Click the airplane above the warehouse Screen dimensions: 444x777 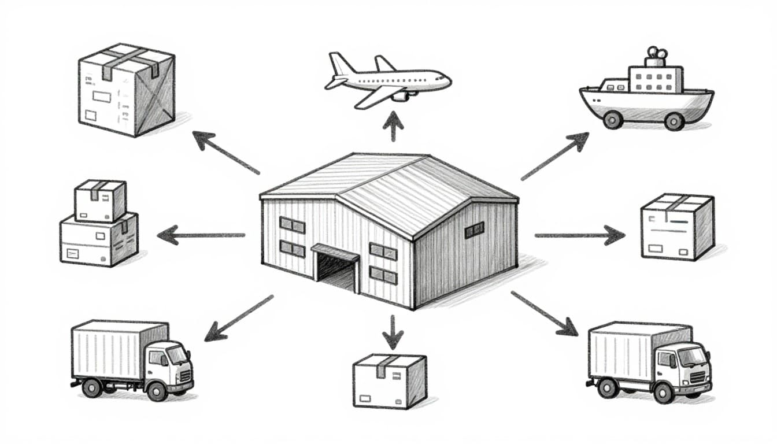(x=387, y=80)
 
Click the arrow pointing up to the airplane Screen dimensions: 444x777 (x=393, y=126)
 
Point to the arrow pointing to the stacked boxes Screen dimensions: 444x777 (x=200, y=235)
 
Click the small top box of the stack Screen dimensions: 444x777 (x=100, y=200)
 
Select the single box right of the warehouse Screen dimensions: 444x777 (x=677, y=226)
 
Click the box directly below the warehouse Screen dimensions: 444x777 (x=390, y=381)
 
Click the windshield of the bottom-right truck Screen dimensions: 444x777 (x=691, y=357)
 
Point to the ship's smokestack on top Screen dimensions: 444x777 (x=656, y=56)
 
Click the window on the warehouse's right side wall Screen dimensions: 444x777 (x=474, y=230)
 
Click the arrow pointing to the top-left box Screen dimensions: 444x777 (x=225, y=153)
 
